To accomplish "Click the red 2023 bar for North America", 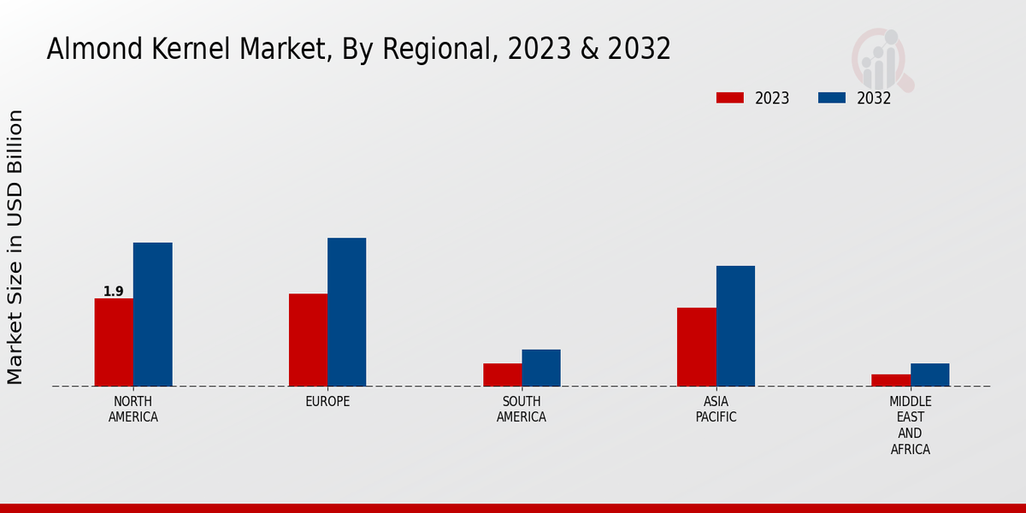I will [114, 342].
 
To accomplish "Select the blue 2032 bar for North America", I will [152, 315].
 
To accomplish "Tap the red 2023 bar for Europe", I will [308, 340].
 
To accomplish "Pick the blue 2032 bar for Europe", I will [346, 312].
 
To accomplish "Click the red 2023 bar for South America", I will [502, 374].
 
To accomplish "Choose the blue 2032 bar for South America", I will [541, 368].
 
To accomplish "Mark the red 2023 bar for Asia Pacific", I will [696, 347].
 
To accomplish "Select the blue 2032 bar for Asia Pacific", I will [735, 326].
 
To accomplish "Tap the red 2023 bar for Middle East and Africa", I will [891, 380].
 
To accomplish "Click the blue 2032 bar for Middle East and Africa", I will [929, 374].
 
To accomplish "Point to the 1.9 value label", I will [114, 292].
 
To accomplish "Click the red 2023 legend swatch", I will [730, 97].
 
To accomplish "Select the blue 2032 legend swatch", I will [832, 97].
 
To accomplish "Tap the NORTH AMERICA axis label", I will [133, 410].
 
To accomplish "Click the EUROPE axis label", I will [327, 402].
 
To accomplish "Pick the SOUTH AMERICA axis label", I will [522, 410].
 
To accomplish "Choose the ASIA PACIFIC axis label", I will [716, 410].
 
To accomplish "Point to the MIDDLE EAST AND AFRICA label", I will [911, 425].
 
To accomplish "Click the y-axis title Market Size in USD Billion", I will [15, 246].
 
